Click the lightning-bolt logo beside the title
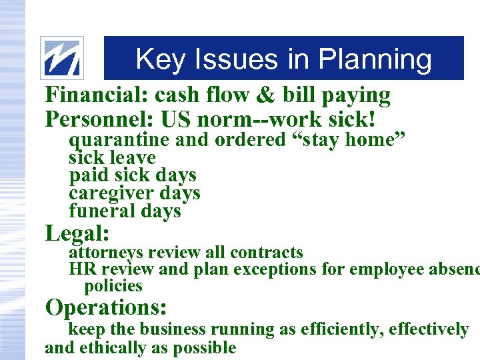point(62,58)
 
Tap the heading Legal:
point(77,234)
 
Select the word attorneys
point(107,253)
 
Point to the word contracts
point(266,253)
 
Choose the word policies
point(113,287)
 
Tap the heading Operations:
point(105,308)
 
